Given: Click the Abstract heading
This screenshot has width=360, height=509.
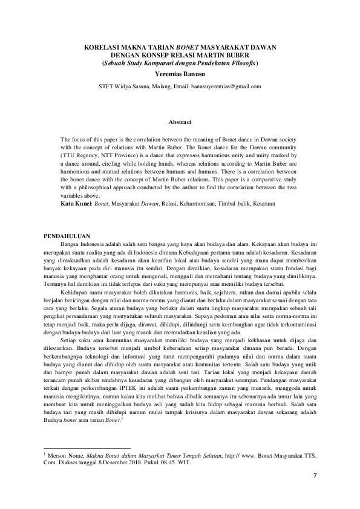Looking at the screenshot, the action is (180, 122).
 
